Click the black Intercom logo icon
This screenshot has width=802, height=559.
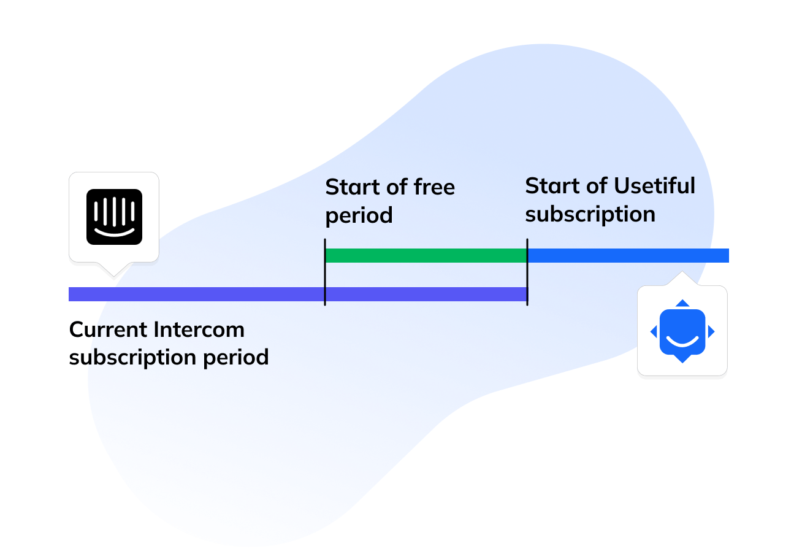coord(114,217)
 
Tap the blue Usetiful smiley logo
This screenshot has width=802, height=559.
coord(682,332)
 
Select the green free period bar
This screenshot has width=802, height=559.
coord(426,255)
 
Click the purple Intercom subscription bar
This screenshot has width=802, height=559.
coord(196,294)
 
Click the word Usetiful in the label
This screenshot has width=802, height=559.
coord(654,186)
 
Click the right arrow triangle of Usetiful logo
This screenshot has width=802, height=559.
coord(711,332)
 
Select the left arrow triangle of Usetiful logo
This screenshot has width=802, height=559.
coord(654,332)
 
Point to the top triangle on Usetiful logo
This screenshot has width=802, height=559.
coord(682,303)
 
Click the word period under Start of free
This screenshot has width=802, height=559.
coord(359,216)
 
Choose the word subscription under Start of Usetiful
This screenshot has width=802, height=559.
coord(590,215)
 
